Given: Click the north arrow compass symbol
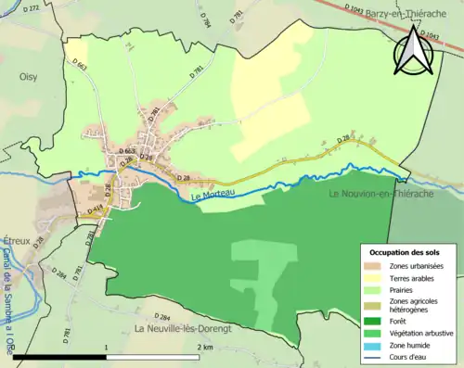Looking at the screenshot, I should (x=414, y=51).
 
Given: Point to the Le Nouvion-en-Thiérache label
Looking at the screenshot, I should (x=389, y=195).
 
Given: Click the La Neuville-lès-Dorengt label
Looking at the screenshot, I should (x=183, y=329).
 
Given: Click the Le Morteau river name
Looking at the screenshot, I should (x=214, y=197).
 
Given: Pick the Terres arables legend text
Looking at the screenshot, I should (x=417, y=277).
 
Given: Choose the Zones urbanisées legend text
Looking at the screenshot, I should (x=420, y=266).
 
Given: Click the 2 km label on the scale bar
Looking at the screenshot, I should (x=206, y=347).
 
